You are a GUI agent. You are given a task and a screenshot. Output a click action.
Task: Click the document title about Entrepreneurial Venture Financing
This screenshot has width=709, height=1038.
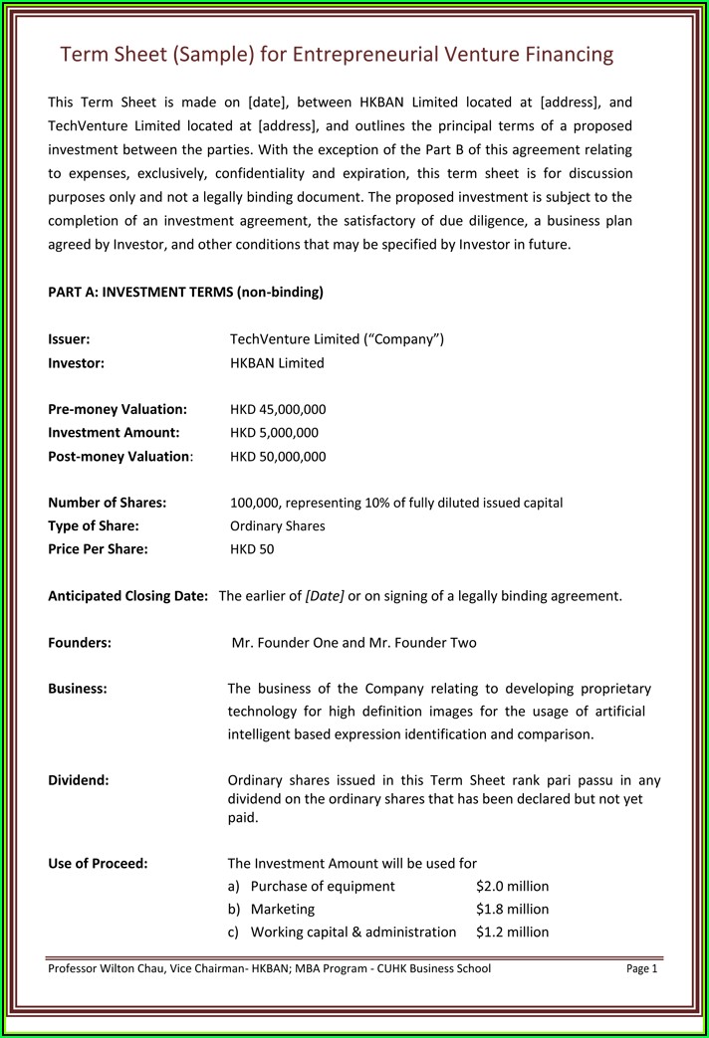click(x=337, y=54)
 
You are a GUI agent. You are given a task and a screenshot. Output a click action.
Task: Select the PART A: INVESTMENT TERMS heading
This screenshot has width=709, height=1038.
click(x=185, y=292)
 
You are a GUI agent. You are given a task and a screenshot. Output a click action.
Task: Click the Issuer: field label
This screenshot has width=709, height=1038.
click(x=69, y=339)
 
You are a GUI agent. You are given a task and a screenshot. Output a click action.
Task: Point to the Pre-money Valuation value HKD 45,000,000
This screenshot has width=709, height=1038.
click(x=278, y=409)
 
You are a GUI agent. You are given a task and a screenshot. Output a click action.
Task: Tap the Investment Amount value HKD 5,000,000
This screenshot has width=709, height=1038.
click(x=274, y=433)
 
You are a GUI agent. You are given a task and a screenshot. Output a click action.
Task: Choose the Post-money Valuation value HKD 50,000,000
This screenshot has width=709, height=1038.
click(x=278, y=457)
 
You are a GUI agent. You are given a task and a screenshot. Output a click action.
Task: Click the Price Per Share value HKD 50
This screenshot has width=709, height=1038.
click(x=252, y=549)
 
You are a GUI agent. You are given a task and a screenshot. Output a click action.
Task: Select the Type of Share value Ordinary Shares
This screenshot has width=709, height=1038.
click(x=277, y=525)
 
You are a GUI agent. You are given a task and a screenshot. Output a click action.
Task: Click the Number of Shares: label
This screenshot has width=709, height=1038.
click(x=107, y=503)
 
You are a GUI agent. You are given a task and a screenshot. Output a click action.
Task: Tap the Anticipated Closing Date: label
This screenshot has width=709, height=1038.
click(x=127, y=596)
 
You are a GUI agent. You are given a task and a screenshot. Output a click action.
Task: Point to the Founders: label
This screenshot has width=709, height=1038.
click(x=80, y=643)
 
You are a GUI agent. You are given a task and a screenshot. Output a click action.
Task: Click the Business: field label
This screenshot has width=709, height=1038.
click(x=78, y=689)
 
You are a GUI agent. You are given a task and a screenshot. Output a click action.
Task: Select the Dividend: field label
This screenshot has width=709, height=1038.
click(x=79, y=780)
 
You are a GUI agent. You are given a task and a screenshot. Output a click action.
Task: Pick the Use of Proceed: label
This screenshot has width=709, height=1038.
click(x=98, y=863)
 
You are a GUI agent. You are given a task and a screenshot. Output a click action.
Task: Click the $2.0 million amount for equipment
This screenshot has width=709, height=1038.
click(x=512, y=886)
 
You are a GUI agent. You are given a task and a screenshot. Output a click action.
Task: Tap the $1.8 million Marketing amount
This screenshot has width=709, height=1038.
click(x=512, y=909)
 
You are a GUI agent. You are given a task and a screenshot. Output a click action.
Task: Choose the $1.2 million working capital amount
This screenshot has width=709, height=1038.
click(x=512, y=933)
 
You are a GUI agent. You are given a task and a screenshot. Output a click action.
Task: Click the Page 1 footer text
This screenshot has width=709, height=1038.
click(x=642, y=968)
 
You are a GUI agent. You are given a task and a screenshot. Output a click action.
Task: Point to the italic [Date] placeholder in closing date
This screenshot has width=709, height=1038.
click(x=325, y=596)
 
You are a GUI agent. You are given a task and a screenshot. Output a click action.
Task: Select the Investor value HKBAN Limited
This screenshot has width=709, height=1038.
click(x=277, y=363)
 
